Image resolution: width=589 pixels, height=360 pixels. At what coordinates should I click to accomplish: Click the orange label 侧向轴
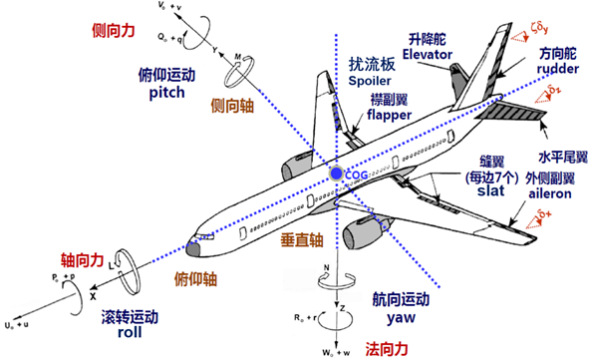(x=231, y=104)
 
